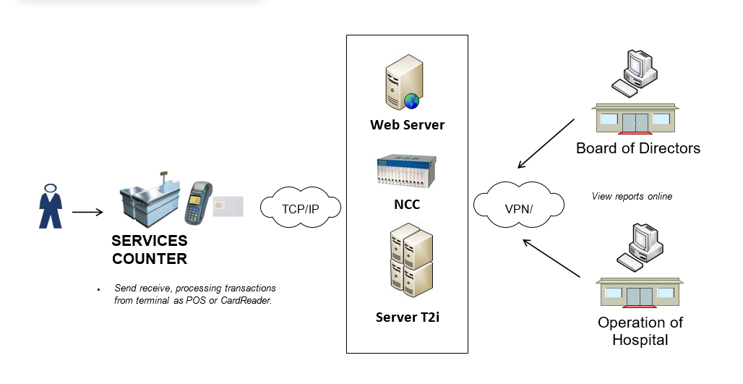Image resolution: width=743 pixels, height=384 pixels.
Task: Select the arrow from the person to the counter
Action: pos(87,212)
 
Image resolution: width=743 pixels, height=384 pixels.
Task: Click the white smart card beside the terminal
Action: pos(228,206)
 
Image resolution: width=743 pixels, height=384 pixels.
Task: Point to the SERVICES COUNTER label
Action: pos(149,249)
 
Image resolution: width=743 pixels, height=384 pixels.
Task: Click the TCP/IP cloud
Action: pos(300,209)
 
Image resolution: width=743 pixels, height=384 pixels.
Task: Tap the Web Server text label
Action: pos(407,125)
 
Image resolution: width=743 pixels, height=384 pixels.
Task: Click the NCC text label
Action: pos(406,205)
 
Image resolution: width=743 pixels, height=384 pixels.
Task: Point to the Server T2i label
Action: pos(407,317)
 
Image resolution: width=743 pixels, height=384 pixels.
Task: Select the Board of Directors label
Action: pos(637,148)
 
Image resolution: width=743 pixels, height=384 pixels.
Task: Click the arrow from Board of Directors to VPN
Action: pos(546,142)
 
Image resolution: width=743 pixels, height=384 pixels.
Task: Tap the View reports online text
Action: pos(632,196)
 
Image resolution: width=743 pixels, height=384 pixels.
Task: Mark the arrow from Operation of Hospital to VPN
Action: pos(551,258)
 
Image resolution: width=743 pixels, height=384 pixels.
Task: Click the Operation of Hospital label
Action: pos(640,330)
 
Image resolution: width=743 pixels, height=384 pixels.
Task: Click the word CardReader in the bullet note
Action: pos(248,300)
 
